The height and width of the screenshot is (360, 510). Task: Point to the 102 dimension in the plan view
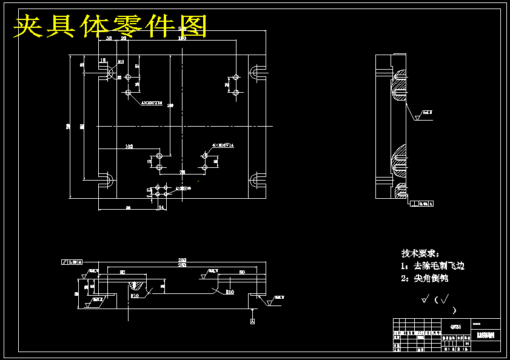tap(129, 147)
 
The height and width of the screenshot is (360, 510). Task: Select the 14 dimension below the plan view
tap(161, 208)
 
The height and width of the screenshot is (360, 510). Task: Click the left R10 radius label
tap(135, 296)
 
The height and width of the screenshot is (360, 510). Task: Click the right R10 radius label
tap(230, 293)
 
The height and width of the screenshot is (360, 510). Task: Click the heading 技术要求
tap(420, 253)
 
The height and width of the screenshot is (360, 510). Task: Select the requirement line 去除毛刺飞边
tap(432, 266)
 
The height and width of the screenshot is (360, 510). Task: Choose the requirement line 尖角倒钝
tap(424, 279)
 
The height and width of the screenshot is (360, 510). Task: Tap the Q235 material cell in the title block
tap(455, 327)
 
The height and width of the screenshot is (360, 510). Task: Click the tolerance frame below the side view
tap(422, 204)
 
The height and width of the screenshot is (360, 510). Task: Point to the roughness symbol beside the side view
tap(420, 116)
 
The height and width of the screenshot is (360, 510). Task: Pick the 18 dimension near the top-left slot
tap(103, 61)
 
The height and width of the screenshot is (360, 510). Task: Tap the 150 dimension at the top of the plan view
tap(182, 38)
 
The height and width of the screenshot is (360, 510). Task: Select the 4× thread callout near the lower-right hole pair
tap(223, 145)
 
